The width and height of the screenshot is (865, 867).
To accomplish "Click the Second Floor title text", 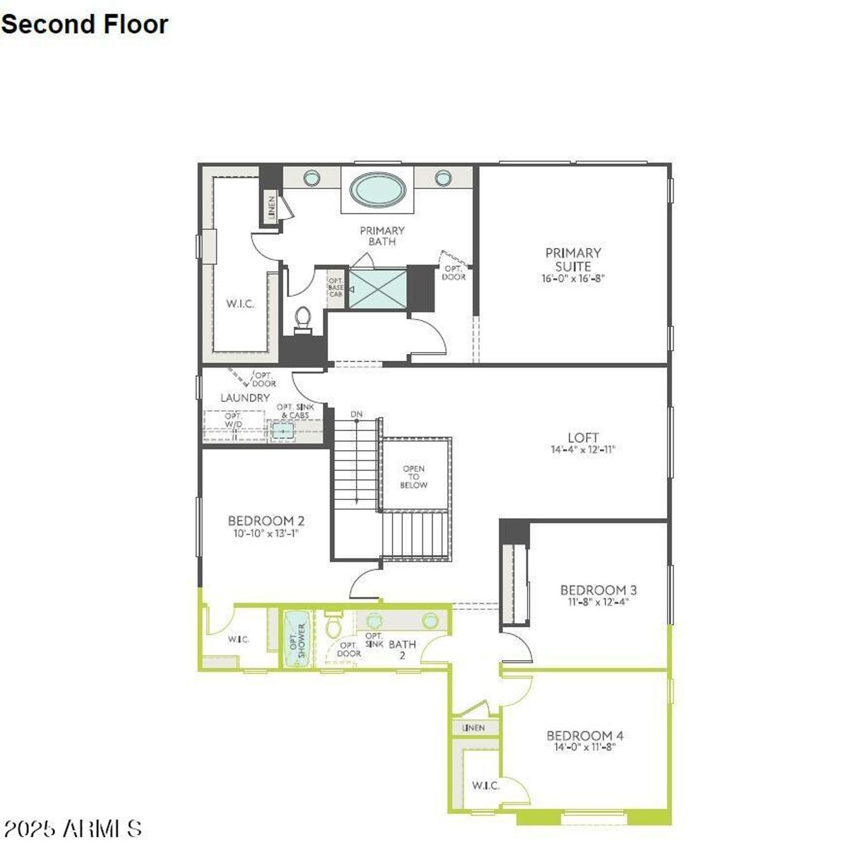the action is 84,24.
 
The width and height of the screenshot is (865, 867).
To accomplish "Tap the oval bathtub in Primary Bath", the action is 378,189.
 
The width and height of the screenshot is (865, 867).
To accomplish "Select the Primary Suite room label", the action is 573,259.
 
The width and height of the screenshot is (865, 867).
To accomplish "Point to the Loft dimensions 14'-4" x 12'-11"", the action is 583,449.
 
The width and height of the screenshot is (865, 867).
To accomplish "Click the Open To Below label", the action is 414,476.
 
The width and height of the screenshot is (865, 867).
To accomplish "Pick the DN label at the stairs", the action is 356,414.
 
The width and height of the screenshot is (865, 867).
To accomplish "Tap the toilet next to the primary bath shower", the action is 303,319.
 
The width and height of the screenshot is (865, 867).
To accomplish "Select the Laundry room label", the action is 245,398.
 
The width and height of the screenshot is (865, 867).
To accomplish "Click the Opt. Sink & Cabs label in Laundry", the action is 295,411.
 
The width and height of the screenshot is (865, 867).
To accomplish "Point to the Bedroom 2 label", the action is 266,521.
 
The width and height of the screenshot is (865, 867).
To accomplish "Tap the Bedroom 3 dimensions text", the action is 598,601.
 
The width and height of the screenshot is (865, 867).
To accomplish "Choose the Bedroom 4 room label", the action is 585,736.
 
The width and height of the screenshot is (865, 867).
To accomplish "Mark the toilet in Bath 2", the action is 333,625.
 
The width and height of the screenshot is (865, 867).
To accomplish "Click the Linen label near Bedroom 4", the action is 474,728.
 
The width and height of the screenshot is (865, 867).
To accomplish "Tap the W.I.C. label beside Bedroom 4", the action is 485,785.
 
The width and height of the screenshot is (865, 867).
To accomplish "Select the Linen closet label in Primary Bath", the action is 272,208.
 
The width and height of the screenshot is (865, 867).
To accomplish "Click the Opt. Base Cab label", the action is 336,287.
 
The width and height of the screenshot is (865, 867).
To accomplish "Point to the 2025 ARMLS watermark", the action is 73,829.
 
